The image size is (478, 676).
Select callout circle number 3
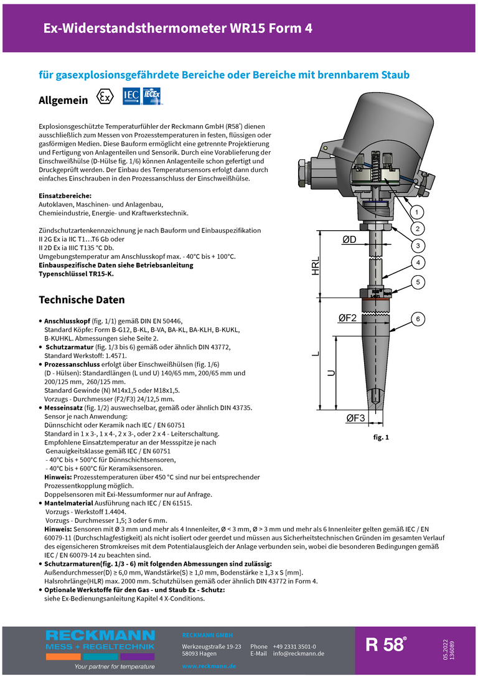pos(418,245)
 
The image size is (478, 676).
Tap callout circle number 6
pos(418,319)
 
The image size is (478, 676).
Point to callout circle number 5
pos(418,282)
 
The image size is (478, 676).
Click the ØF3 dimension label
pos(355,418)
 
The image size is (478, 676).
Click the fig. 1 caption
pos(381,438)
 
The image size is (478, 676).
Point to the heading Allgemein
pos(63,100)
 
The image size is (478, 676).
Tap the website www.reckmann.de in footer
pos(209,666)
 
